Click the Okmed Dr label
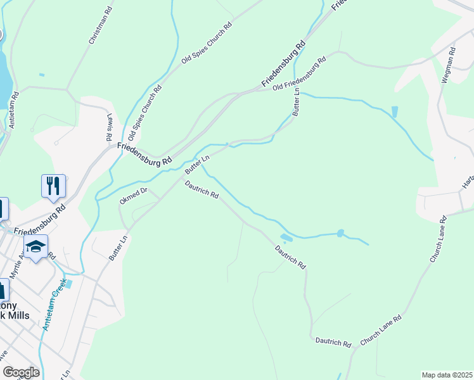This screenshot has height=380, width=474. point(133,195)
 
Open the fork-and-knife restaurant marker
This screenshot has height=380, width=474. point(53,186)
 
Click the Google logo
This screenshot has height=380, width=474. point(20,372)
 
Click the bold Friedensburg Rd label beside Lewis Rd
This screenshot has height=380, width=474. point(144,154)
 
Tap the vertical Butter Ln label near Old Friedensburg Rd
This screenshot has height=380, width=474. point(297,101)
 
